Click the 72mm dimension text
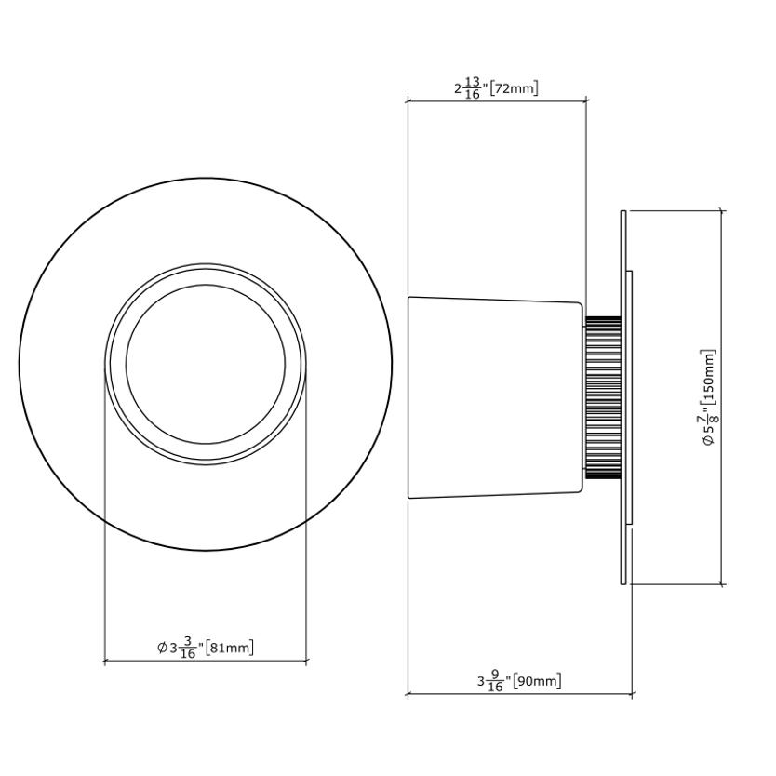[514, 88]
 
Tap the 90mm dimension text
[537, 681]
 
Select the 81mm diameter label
[229, 648]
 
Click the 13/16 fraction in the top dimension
[473, 87]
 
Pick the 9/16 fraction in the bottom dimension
[495, 680]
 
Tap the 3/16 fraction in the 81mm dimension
[188, 648]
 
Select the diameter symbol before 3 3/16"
[162, 648]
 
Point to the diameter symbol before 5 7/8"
[709, 439]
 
